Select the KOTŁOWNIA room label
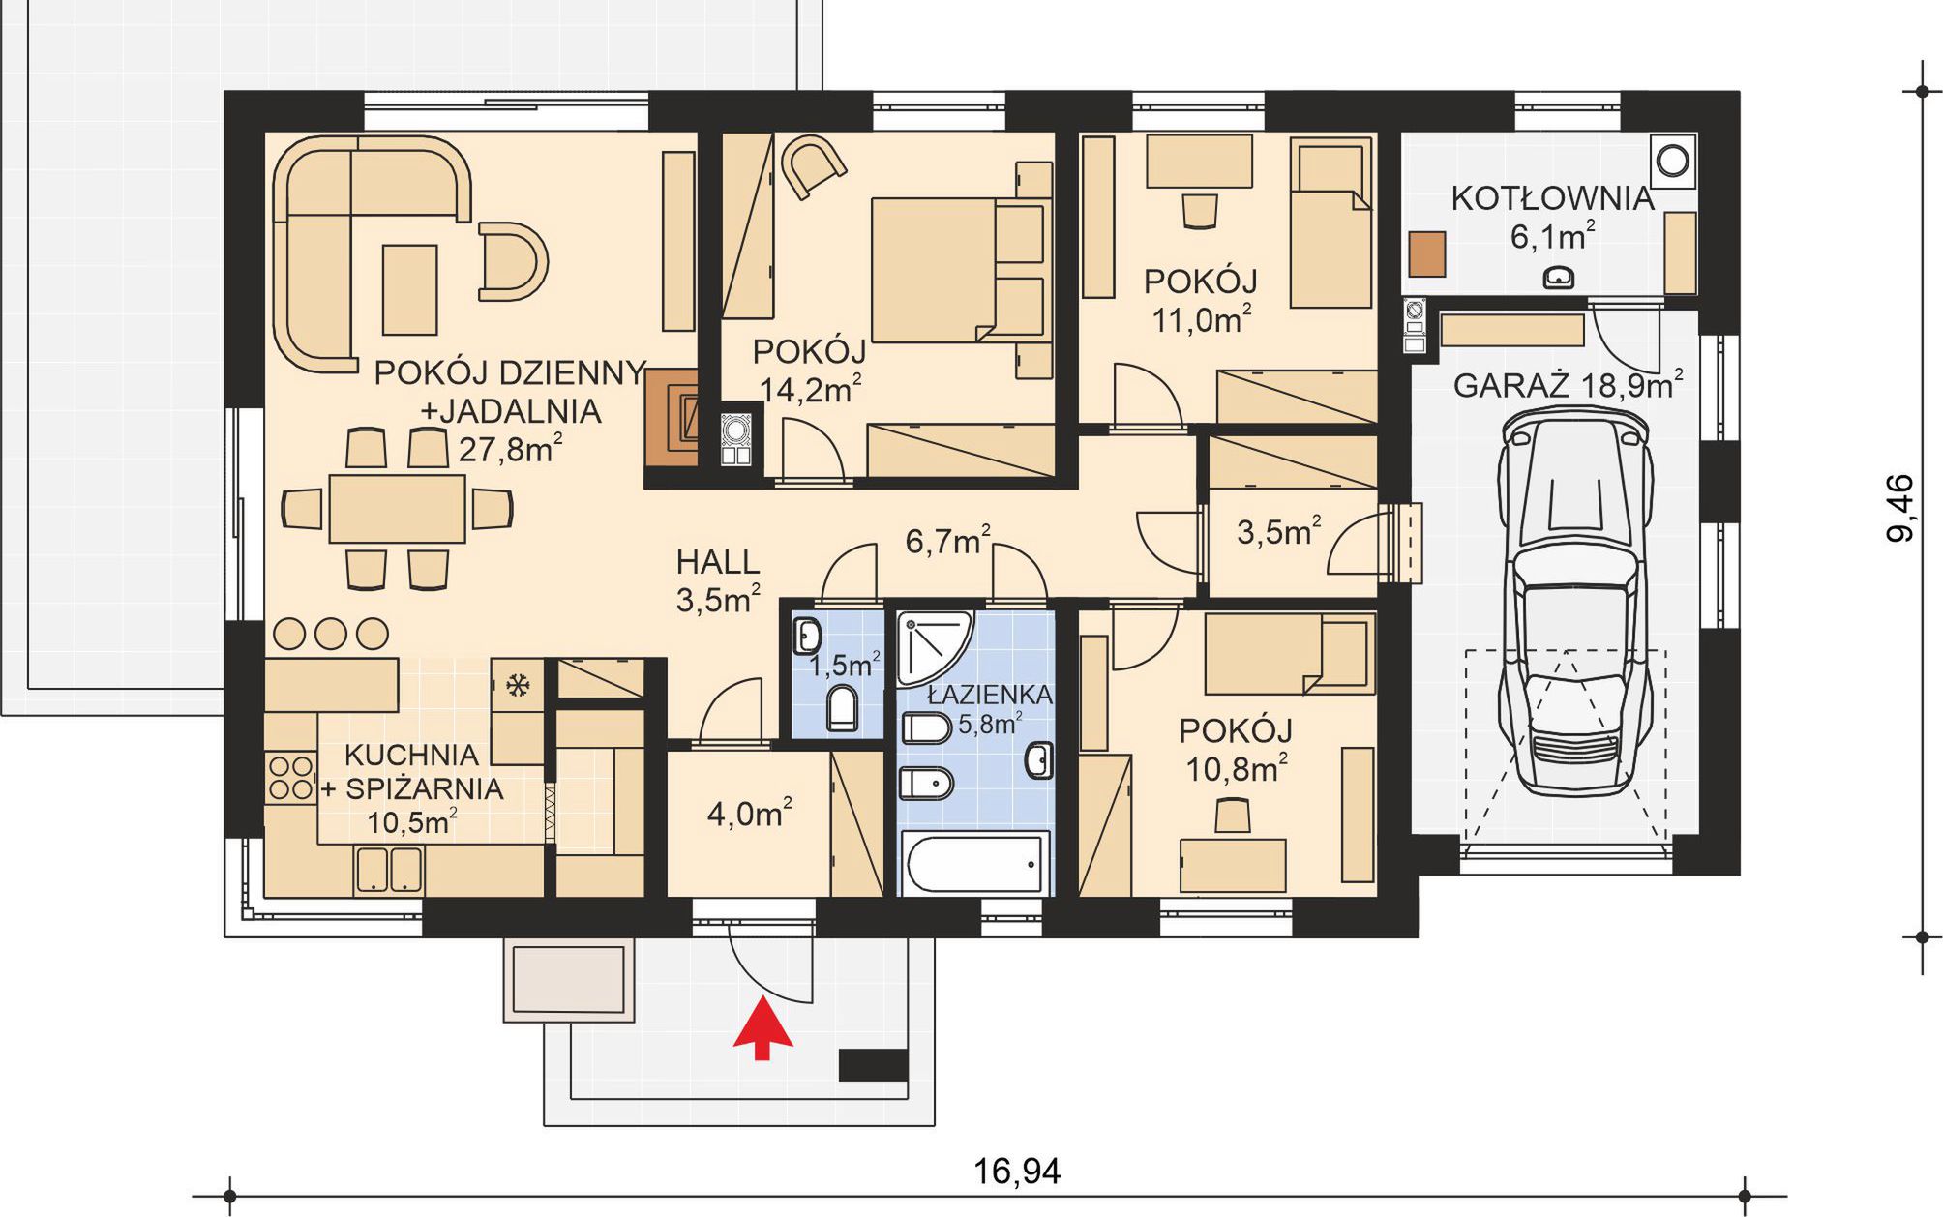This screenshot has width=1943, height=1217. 1552,198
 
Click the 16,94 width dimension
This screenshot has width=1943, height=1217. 1016,1172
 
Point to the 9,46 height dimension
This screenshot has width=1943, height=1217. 1900,508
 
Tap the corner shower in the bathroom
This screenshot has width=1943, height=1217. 933,646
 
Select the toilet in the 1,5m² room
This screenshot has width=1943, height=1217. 843,708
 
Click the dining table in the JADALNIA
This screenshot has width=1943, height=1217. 397,508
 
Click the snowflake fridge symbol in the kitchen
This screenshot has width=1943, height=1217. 518,686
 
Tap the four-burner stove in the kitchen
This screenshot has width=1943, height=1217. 290,778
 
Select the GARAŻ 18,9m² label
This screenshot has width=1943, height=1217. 1568,385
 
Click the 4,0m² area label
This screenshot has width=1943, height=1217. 750,814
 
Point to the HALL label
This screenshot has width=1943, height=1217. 718,562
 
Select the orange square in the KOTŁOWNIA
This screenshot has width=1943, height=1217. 1427,253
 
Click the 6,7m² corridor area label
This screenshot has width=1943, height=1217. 947,541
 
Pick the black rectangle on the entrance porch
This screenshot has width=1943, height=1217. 873,1065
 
